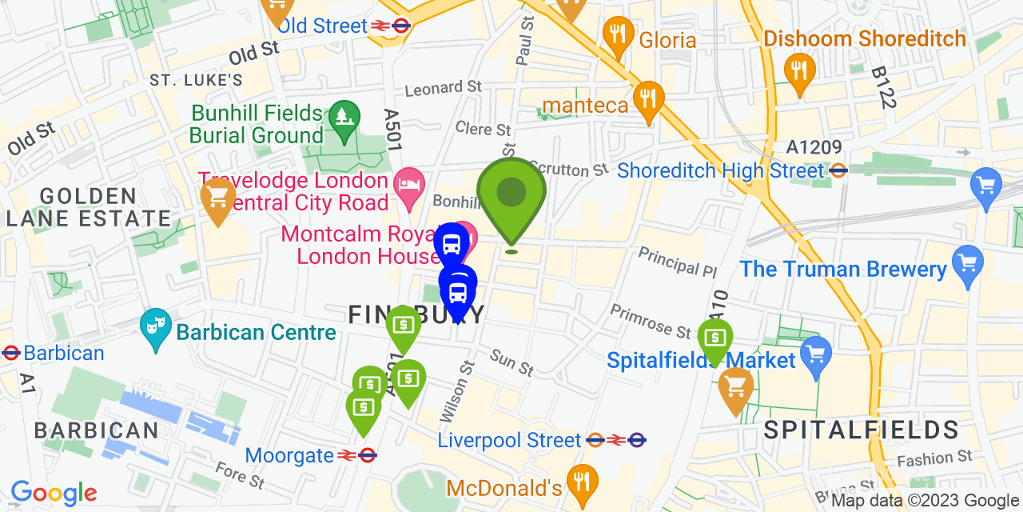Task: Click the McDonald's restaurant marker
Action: tap(581, 482)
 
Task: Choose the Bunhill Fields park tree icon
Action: tap(342, 118)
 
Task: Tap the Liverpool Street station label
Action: tap(509, 440)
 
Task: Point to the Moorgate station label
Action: tap(289, 455)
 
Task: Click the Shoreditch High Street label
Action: tap(720, 170)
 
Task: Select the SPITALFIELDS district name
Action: tap(861, 430)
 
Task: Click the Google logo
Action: tap(54, 493)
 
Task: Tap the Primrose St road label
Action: tap(651, 321)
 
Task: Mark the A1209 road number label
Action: tap(814, 147)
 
